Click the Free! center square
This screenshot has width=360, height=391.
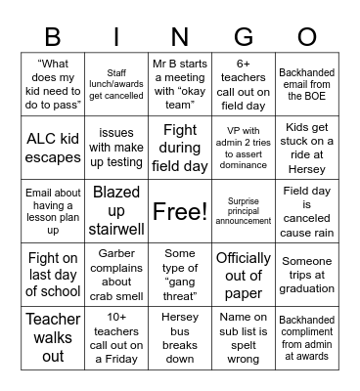tap(180, 210)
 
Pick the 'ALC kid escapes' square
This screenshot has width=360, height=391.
tap(53, 146)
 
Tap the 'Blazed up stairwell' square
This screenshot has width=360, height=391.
tap(116, 210)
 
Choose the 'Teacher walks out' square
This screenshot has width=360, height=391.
tap(53, 337)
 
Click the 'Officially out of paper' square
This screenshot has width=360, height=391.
tap(244, 274)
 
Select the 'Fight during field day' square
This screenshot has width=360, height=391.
tap(180, 146)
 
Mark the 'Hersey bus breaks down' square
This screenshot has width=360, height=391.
tap(180, 337)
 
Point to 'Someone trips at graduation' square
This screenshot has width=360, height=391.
tap(307, 274)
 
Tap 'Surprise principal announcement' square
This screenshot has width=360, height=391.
tap(244, 210)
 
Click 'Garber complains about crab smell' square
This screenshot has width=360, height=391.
tap(116, 274)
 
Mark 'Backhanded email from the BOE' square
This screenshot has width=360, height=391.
tap(307, 83)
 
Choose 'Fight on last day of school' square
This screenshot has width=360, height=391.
tap(53, 274)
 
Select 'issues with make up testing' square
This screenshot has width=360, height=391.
tap(116, 146)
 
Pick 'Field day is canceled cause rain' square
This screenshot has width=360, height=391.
tap(307, 210)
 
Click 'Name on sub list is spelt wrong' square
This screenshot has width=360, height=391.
tap(244, 337)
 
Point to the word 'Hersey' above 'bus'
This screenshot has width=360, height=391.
tap(180, 318)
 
